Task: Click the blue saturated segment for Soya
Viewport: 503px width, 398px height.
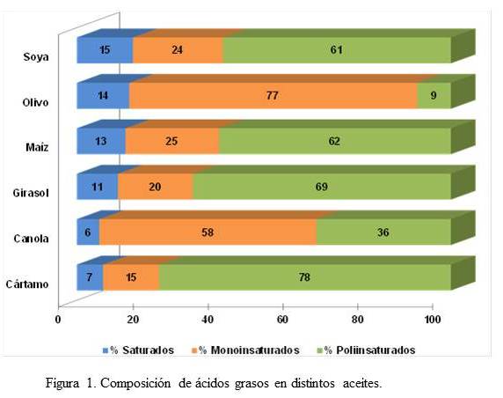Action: (105, 50)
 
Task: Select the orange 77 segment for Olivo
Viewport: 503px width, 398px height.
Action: (273, 96)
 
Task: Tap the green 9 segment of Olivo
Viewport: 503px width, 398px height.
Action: (434, 96)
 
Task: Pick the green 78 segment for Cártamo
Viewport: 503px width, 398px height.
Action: (305, 277)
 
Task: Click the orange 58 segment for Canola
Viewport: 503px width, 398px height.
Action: (208, 232)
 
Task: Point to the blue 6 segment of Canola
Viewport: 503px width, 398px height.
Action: (88, 232)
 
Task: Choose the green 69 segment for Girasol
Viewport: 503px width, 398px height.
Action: (322, 187)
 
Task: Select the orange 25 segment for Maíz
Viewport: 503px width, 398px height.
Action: (172, 141)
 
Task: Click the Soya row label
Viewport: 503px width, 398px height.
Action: (36, 57)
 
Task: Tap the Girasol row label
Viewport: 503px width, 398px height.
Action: (31, 193)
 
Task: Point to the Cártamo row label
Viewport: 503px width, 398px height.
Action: (27, 284)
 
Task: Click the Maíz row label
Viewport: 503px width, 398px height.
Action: (37, 147)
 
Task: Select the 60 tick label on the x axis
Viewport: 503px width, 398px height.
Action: (282, 320)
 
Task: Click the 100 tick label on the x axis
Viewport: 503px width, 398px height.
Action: (433, 320)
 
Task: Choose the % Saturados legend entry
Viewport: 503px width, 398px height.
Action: (138, 350)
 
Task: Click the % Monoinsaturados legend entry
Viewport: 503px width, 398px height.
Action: (245, 350)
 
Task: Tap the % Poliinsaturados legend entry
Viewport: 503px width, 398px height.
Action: (366, 350)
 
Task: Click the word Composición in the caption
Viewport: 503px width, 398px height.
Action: (135, 384)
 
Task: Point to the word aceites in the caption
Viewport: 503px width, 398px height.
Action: (362, 384)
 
